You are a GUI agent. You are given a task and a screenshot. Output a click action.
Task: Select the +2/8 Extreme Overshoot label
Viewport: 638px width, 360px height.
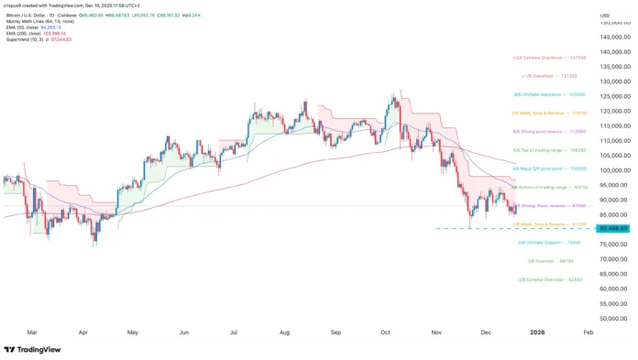pos(548,56)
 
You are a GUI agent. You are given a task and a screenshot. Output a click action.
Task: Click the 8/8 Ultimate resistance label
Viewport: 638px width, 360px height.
pos(547,94)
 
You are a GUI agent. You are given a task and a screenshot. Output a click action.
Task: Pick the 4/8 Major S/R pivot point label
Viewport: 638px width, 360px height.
pos(548,169)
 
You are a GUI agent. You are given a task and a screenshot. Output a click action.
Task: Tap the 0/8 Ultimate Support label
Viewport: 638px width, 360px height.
pos(548,243)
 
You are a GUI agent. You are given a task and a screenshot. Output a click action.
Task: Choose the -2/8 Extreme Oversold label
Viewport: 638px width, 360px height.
pos(548,279)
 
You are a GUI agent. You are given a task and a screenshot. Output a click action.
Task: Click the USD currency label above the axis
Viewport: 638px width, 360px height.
pos(605,16)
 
